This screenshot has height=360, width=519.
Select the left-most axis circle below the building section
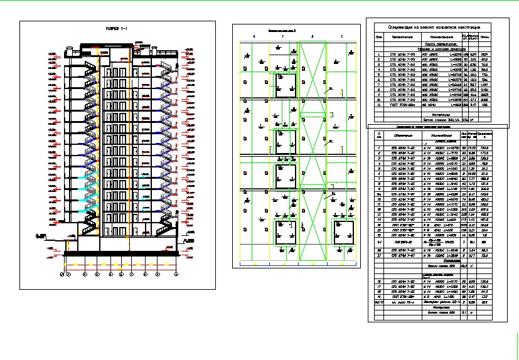click(62, 273)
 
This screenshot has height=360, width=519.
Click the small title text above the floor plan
click(281, 30)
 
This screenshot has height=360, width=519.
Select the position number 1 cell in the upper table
click(379, 55)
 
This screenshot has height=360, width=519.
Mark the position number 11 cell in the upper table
click(379, 104)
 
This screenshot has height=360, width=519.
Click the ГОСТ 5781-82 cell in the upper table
click(402, 104)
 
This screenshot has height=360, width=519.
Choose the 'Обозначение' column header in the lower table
click(402, 135)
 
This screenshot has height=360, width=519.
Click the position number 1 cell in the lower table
click(379, 149)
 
